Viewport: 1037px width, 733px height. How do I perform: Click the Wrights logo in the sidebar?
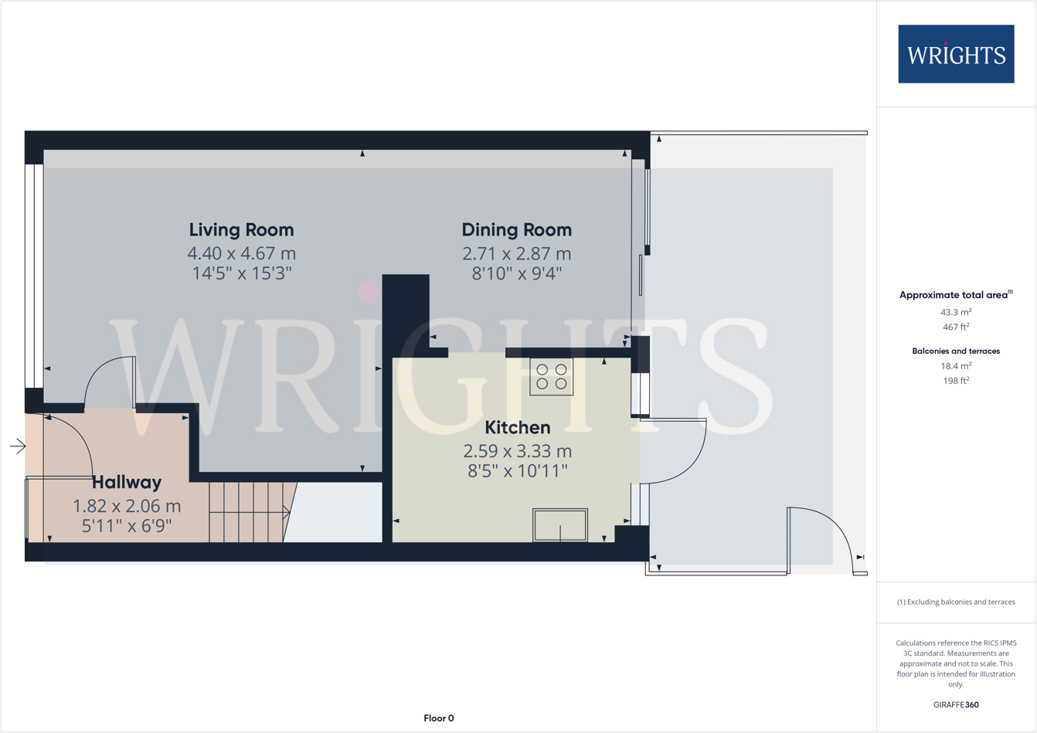pos(955,54)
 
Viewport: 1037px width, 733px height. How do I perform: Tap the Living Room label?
pos(241,230)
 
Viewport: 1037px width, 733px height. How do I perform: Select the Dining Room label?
pos(516,230)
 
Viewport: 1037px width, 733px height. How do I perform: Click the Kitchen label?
pos(517,428)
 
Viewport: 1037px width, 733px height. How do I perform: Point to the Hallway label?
pos(127,483)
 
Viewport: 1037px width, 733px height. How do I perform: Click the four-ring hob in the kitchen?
pos(551,377)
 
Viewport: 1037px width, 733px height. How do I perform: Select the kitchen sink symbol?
pos(559,525)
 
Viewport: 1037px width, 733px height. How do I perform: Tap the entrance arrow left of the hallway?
pos(18,446)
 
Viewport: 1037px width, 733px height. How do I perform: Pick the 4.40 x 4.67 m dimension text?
pos(241,253)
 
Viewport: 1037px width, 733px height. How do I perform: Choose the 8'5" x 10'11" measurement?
pos(517,471)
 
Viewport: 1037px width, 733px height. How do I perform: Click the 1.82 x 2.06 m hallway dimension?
pos(127,507)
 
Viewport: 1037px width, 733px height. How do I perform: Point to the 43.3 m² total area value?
pos(955,312)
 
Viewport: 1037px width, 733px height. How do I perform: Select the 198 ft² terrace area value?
pos(955,381)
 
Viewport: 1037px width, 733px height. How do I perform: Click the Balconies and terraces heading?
pos(955,351)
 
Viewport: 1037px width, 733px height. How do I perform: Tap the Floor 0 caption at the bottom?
pos(438,718)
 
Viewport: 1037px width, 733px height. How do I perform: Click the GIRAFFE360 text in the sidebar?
pos(955,704)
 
